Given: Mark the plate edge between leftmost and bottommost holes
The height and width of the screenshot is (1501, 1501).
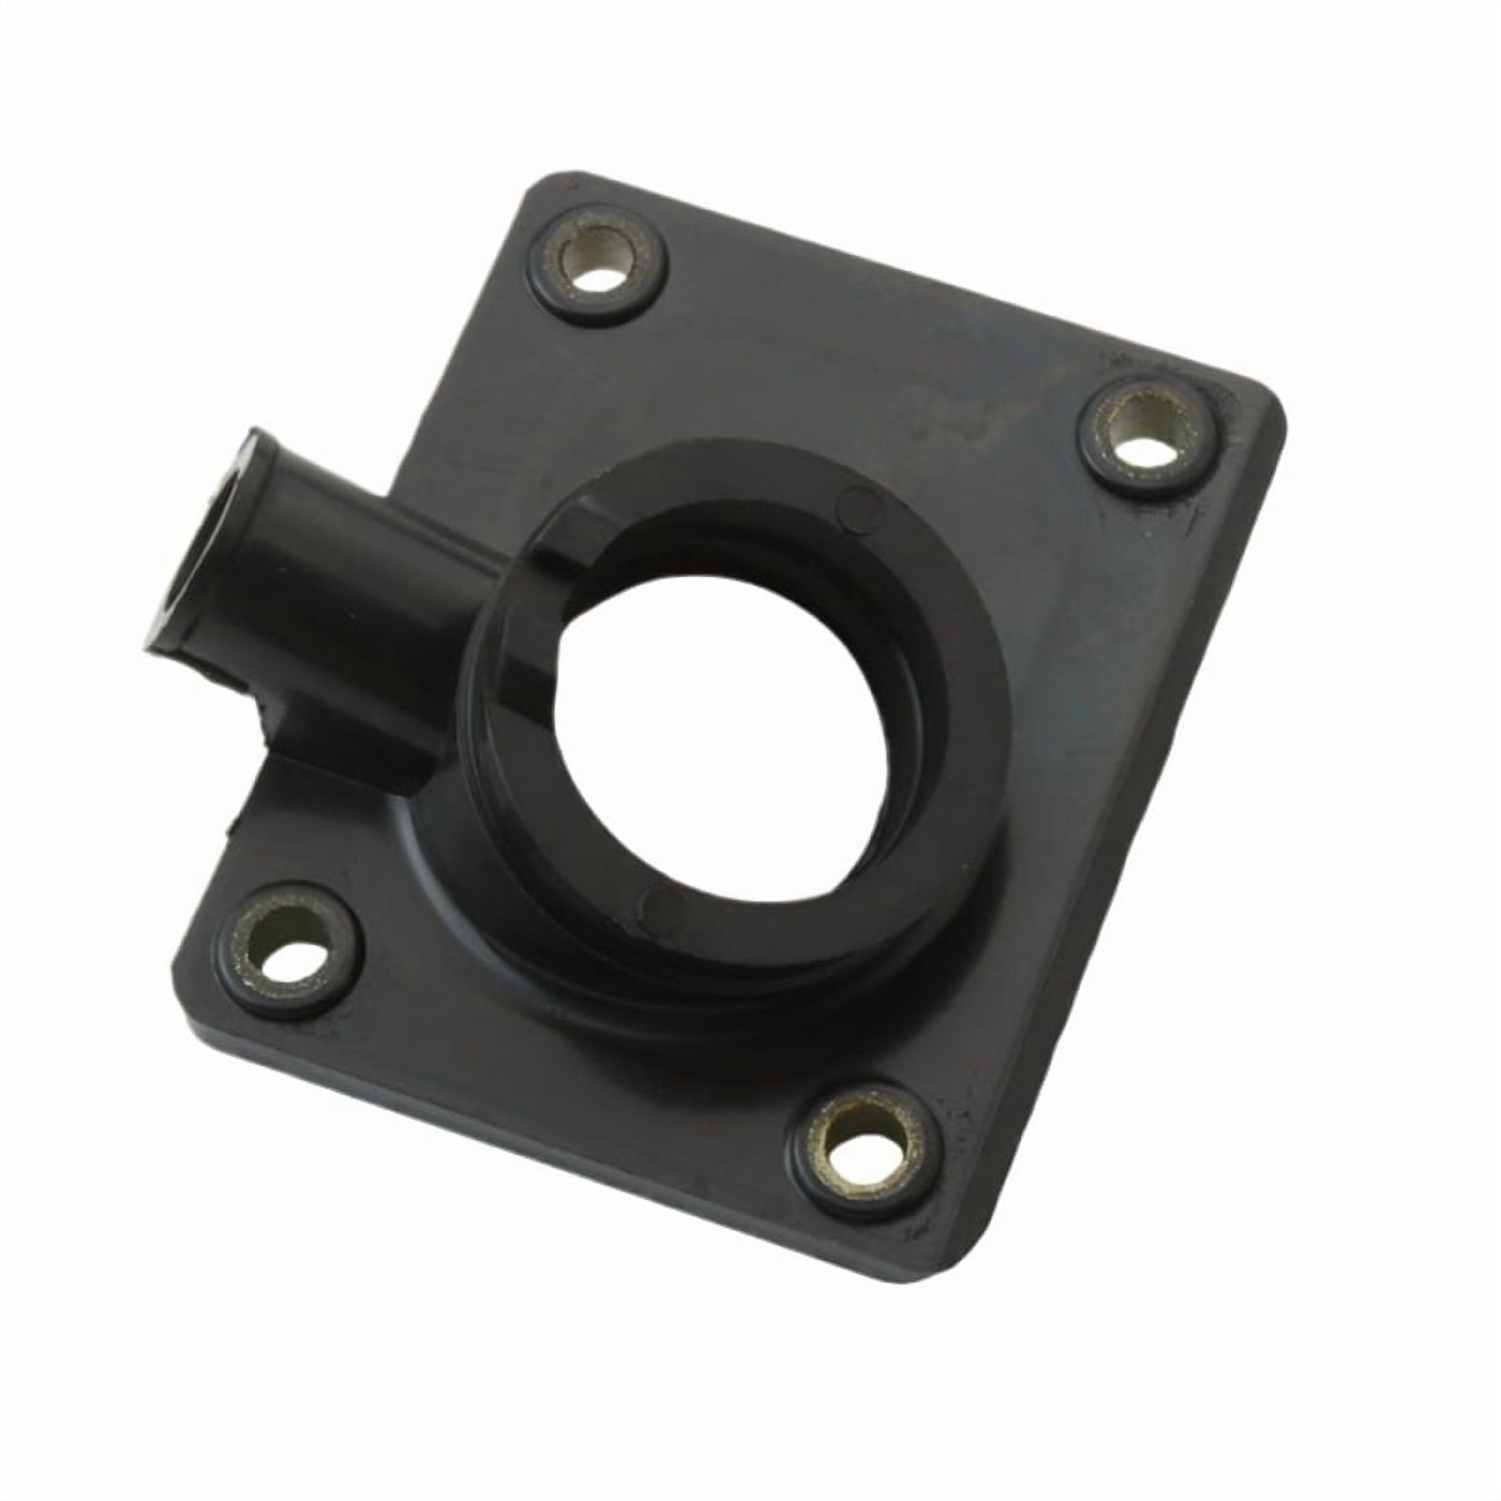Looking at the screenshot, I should coord(525,1116).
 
